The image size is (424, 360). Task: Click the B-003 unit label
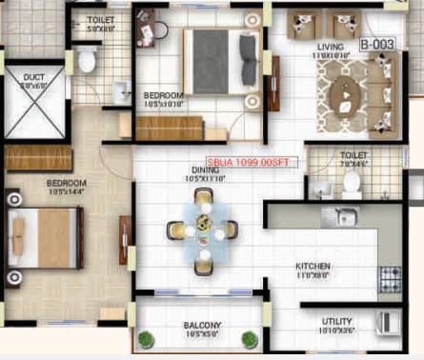(376, 44)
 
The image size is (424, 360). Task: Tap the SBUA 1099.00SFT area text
(251, 162)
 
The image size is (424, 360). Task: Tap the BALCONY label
(202, 326)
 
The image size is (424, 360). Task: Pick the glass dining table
(201, 228)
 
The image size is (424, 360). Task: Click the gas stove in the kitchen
(391, 277)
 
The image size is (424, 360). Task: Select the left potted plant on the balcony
(146, 338)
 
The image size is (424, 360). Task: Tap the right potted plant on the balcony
(250, 338)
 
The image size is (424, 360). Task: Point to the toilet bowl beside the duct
(88, 61)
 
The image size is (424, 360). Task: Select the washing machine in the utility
(389, 321)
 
